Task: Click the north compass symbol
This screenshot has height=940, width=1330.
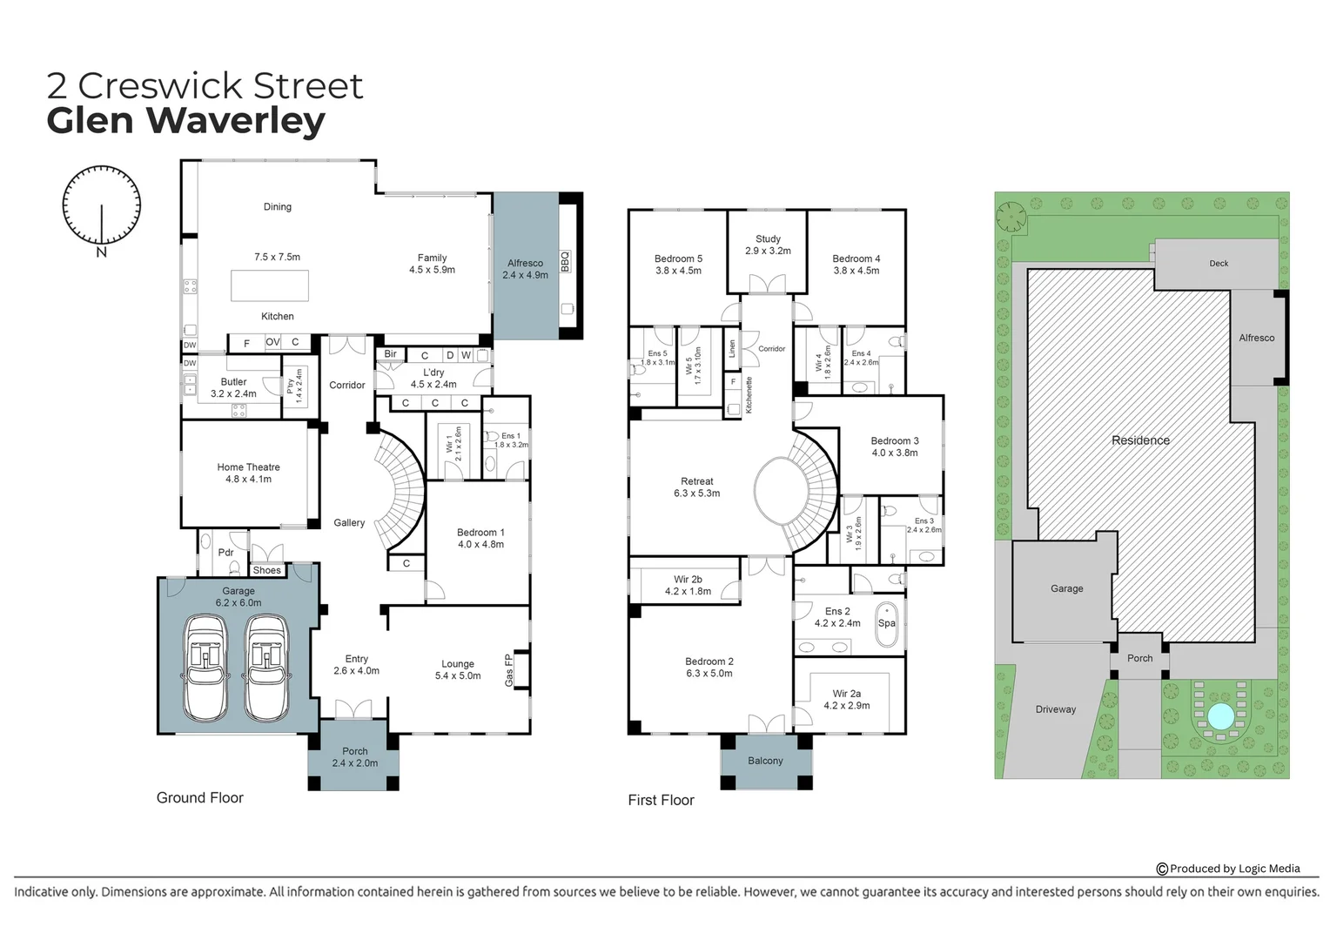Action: (101, 206)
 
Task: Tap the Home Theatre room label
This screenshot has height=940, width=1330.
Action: (248, 467)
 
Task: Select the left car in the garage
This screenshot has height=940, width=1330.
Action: (205, 668)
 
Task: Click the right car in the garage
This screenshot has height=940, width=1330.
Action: (266, 668)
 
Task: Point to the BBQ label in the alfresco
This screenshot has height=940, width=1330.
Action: (565, 261)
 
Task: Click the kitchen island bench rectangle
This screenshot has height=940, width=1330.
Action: (269, 285)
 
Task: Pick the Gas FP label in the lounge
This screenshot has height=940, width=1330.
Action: (509, 670)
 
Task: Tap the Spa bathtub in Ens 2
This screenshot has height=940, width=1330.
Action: (886, 623)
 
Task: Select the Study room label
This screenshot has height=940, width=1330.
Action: (768, 238)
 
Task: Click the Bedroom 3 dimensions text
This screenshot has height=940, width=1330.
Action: (895, 453)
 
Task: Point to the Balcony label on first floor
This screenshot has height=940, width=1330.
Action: (765, 761)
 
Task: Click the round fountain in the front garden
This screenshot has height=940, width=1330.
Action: (1220, 716)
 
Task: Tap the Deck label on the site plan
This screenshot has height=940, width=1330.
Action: (1219, 263)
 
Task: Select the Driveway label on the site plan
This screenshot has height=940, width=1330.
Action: (1055, 709)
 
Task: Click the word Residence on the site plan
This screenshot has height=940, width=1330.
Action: (1140, 440)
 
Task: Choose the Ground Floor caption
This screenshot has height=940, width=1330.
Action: (199, 797)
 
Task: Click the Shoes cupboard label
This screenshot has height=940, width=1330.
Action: (267, 571)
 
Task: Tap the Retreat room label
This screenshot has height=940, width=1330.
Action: (696, 481)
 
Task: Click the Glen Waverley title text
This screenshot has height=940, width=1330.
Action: (185, 120)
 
